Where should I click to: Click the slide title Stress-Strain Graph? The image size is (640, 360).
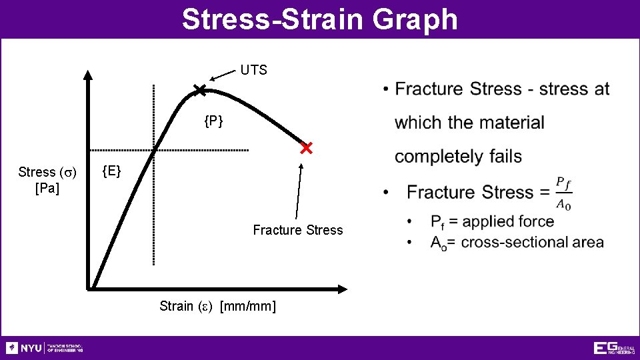click(320, 19)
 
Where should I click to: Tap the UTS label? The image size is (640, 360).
click(253, 70)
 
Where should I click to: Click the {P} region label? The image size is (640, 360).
click(213, 121)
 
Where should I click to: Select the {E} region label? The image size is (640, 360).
click(111, 171)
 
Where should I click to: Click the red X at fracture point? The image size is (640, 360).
click(306, 148)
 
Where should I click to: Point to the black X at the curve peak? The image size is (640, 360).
click(199, 90)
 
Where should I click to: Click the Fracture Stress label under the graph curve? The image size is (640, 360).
click(297, 230)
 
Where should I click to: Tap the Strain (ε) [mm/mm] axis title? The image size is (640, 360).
click(217, 306)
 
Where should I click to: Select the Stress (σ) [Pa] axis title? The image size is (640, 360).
click(47, 180)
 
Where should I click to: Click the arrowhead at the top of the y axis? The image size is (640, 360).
click(88, 74)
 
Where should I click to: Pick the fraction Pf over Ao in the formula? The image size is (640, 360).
click(563, 192)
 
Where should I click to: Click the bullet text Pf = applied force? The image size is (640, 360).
click(492, 221)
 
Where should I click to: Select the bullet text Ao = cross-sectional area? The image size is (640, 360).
click(517, 242)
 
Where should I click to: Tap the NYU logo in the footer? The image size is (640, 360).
click(44, 348)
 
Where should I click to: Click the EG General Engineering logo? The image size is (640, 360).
click(613, 348)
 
